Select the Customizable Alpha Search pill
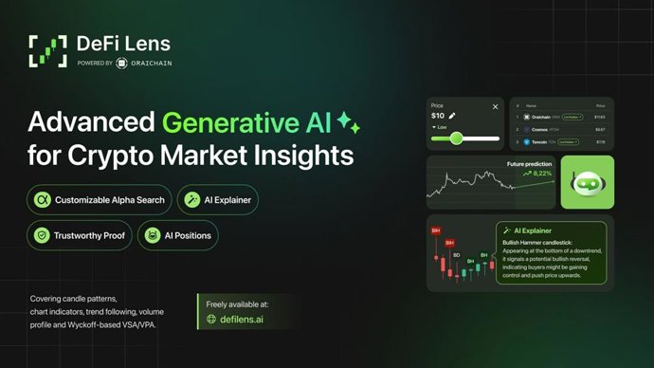point(99,199)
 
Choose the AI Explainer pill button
point(217,199)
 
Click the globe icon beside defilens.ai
point(212,320)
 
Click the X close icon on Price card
point(495,106)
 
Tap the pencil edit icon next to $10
point(452,116)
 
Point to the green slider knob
point(456,138)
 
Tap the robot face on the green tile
point(588,181)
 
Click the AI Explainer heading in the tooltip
point(532,230)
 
